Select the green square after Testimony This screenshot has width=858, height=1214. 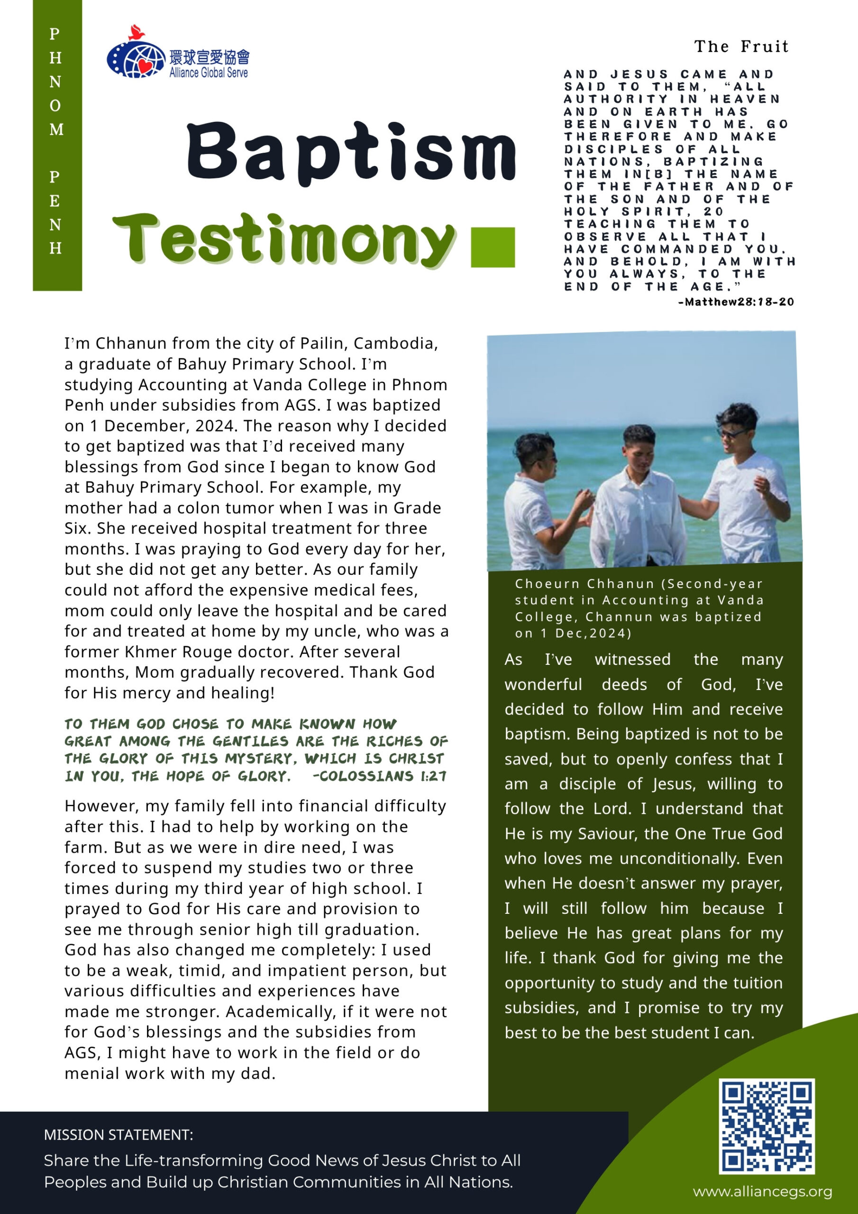(x=492, y=247)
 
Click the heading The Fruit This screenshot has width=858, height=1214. (x=741, y=46)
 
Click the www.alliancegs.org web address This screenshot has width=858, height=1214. (x=762, y=1191)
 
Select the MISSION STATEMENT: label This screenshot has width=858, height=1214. (x=119, y=1135)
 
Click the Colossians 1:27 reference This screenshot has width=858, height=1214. (x=380, y=776)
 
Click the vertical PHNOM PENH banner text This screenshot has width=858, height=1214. (x=55, y=141)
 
